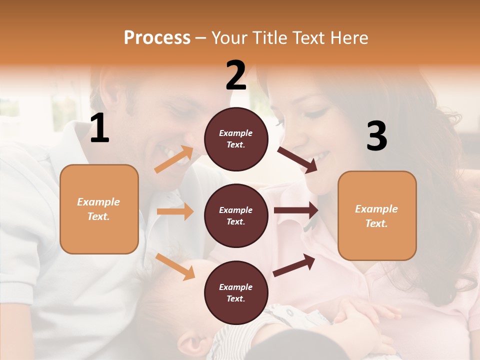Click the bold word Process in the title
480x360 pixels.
pos(157,37)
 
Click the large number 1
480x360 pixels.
pos(99,128)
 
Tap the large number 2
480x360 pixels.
pos(236,75)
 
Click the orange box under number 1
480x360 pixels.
pos(99,209)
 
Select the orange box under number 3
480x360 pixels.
pos(377,215)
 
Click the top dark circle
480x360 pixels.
pos(236,139)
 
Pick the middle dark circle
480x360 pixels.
pos(236,215)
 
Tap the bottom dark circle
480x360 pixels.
pos(236,292)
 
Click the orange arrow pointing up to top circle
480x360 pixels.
pos(174,159)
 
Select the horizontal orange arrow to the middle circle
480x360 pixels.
pos(174,211)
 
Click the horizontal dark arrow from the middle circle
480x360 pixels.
pos(295,210)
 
